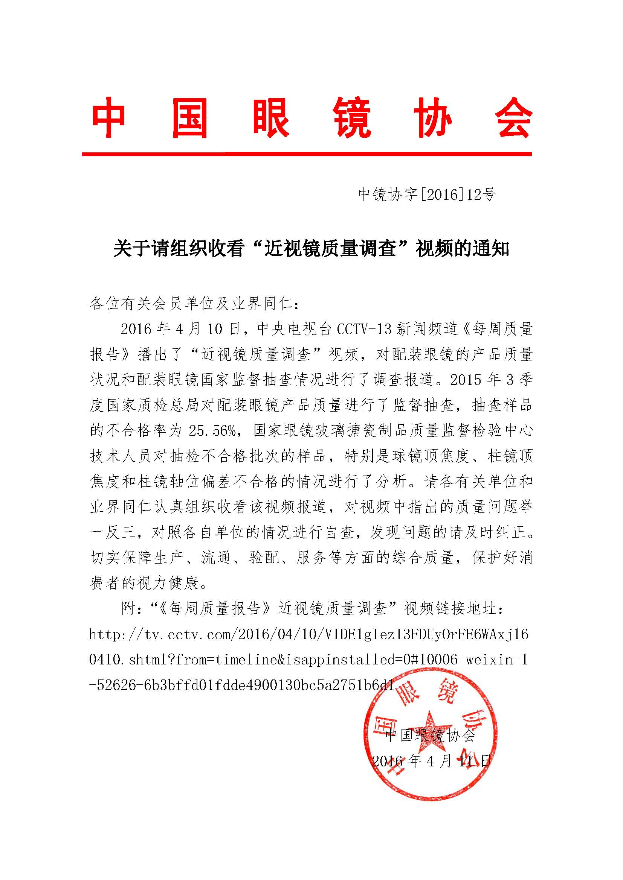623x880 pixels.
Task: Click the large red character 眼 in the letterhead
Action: pyautogui.click(x=271, y=117)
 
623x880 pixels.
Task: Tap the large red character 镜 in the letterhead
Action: pyautogui.click(x=352, y=117)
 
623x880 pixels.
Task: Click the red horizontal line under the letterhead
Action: pyautogui.click(x=307, y=154)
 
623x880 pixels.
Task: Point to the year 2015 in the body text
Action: pyautogui.click(x=465, y=380)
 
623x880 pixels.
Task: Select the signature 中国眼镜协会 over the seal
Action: pyautogui.click(x=430, y=735)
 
